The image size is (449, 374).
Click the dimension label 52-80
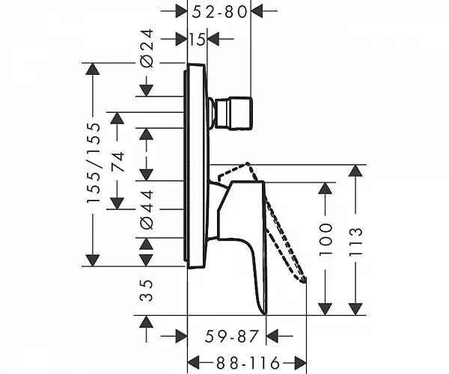pos(219,12)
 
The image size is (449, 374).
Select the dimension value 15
pos(198,39)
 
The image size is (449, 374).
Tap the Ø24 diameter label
pos(147,49)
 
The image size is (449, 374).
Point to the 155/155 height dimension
pos(94,163)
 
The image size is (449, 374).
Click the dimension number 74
pos(117,161)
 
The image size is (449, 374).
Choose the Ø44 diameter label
pos(147,209)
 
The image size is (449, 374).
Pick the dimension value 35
pos(147,290)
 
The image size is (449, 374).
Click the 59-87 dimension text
pos(232,337)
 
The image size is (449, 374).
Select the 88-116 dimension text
pos(248,363)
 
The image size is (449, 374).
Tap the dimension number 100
pos(326,239)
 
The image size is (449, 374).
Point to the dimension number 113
pos(356,242)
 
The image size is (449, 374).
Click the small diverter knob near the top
pos(233,114)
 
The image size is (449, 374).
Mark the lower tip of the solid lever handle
pos(265,314)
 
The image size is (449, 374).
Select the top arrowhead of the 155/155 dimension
pos(93,69)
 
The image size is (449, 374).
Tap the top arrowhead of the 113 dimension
pos(355,171)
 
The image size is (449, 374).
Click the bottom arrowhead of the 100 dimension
pos(325,309)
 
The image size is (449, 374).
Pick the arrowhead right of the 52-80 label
pos(257,11)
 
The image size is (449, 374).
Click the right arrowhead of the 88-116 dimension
pos(300,363)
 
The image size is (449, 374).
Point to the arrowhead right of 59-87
pos(272,336)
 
